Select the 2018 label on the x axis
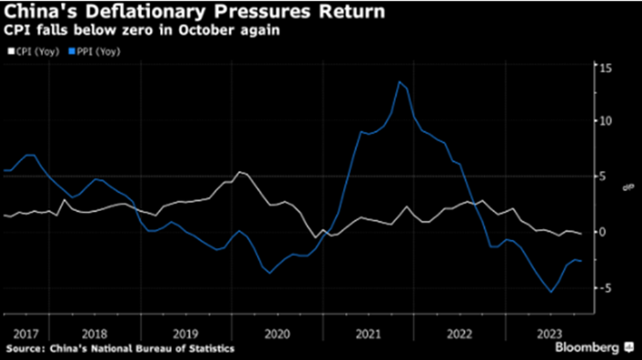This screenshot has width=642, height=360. click(95, 334)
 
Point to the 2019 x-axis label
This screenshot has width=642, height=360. click(186, 334)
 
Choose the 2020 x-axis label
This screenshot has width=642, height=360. click(277, 334)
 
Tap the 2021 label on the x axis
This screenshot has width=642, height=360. click(369, 334)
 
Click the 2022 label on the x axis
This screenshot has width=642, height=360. click(460, 334)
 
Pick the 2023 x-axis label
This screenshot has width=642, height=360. click(550, 334)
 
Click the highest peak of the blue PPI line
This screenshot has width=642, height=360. click(400, 82)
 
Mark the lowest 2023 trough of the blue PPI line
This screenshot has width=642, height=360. click(551, 292)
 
